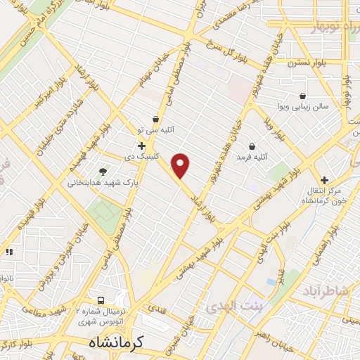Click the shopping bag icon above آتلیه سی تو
pos(155,120)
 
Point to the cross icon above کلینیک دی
pos(142,146)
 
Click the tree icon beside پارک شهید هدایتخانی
pos(103,171)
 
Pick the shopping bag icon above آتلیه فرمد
pos(252,146)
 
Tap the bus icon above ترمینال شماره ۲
pos(101,301)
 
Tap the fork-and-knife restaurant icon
pos(8,252)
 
